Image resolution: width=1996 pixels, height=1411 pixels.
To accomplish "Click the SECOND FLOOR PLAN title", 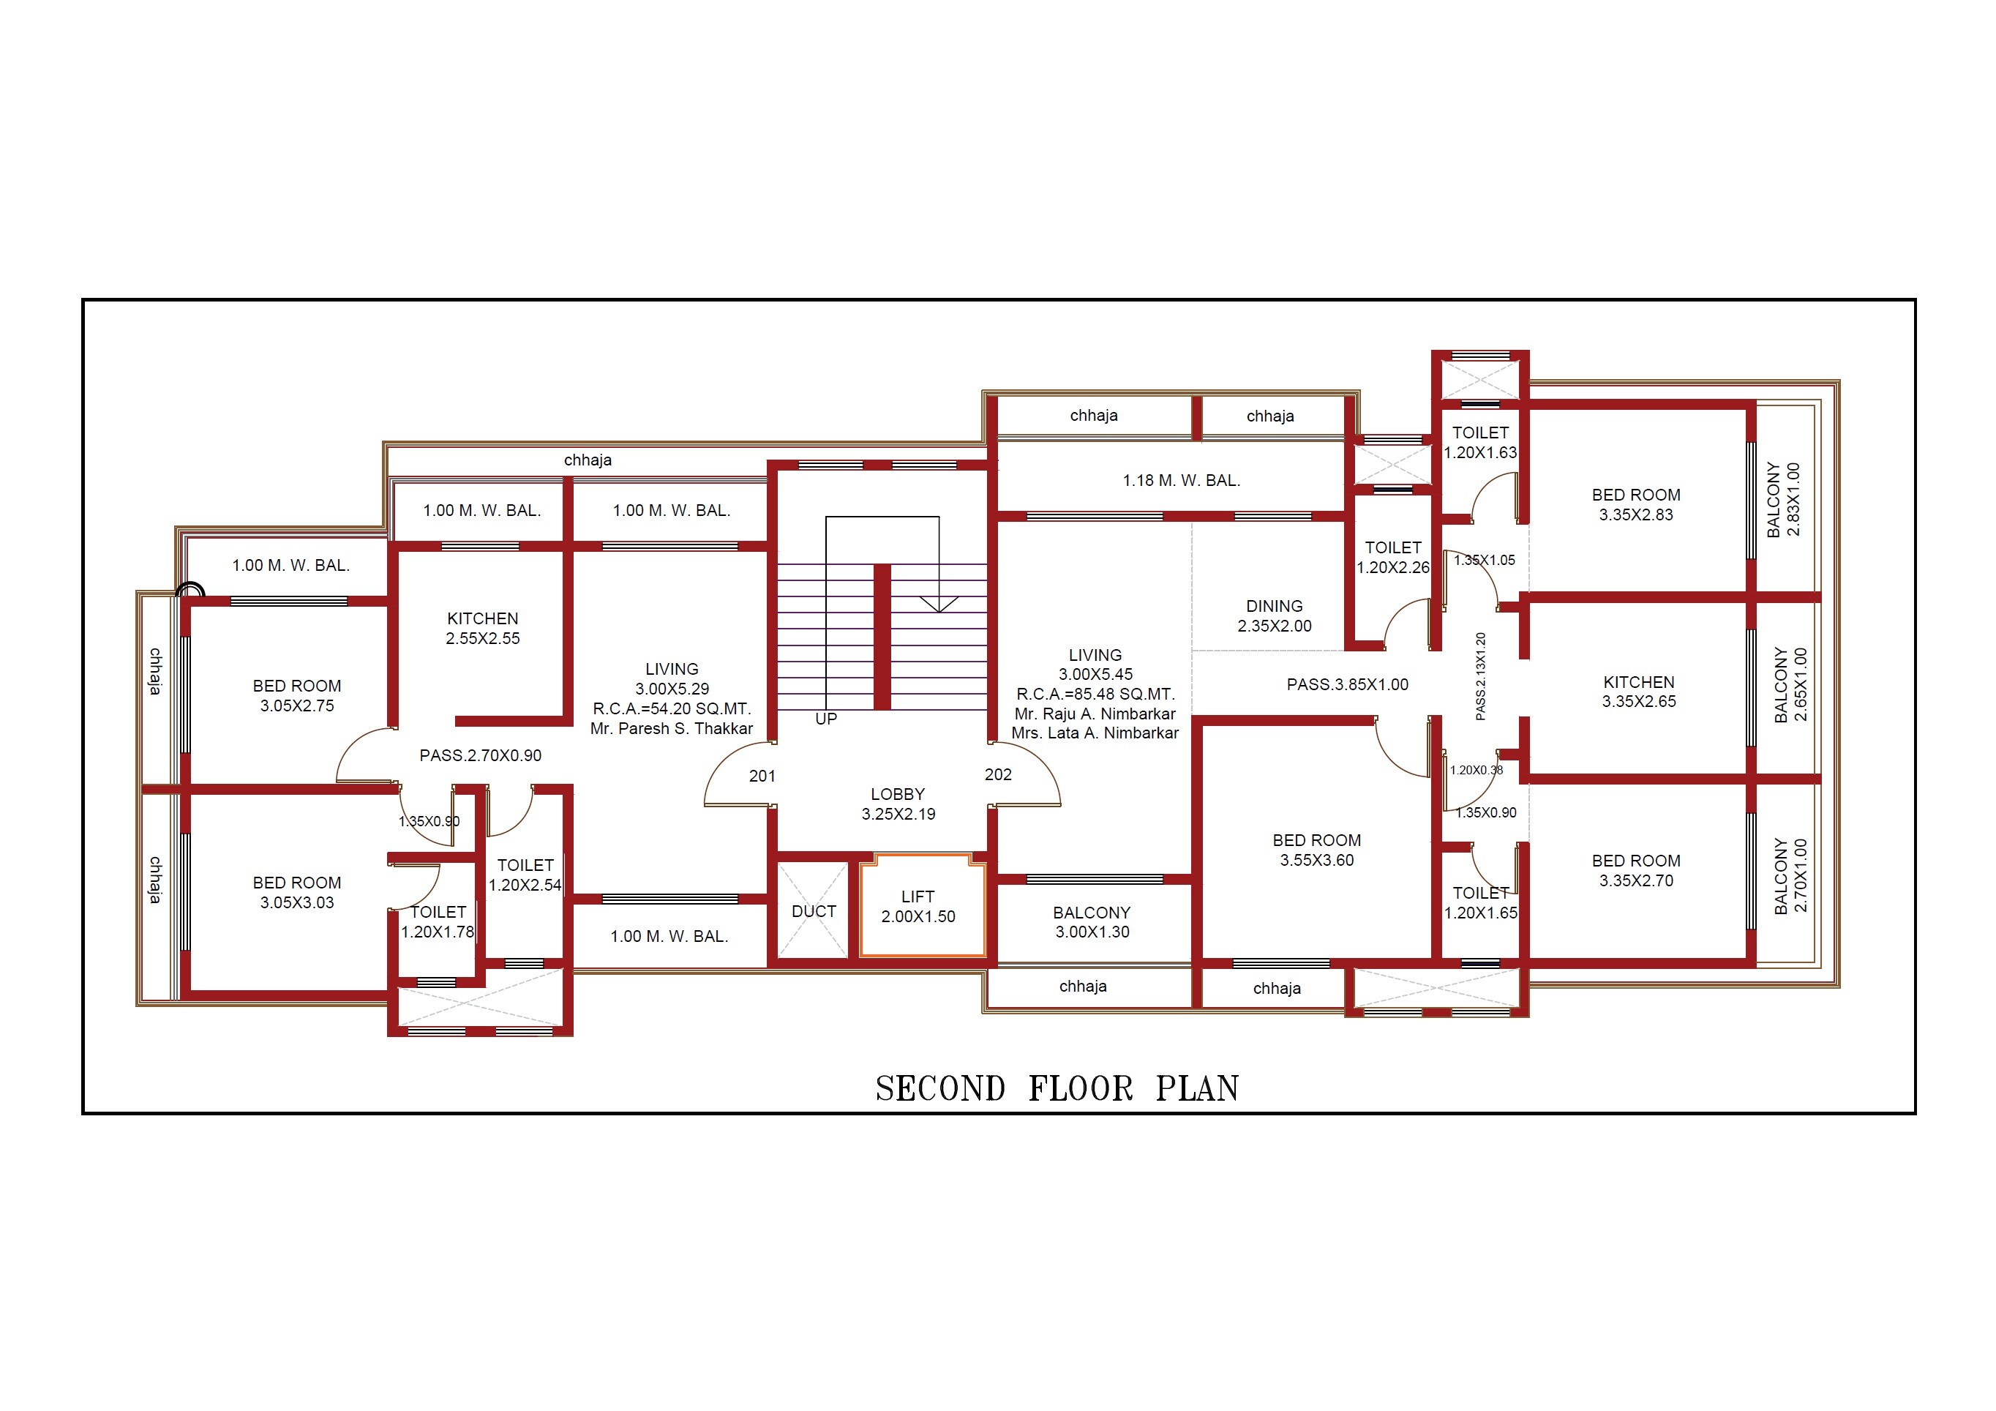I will [x=1057, y=1088].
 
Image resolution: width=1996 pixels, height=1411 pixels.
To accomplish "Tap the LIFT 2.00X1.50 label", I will [x=918, y=907].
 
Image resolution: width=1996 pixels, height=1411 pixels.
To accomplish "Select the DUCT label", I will [x=814, y=911].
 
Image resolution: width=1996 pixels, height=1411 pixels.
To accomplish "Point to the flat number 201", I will [x=762, y=776].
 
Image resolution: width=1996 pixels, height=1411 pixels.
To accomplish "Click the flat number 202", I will [x=998, y=774].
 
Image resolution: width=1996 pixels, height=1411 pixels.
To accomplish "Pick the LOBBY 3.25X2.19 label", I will [x=898, y=804].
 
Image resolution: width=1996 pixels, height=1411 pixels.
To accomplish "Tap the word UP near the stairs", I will [x=826, y=719].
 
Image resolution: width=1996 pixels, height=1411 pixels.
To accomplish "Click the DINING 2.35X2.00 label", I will [x=1275, y=615].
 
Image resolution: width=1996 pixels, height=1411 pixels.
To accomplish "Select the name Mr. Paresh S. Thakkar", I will [x=671, y=728].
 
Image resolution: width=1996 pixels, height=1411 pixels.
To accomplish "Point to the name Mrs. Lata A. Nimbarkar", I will [x=1095, y=733].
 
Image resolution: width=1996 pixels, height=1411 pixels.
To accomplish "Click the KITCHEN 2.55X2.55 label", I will [x=482, y=628].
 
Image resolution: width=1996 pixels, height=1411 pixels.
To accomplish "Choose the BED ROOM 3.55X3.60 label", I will [x=1316, y=850].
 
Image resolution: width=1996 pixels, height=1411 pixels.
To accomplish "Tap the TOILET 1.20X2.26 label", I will [x=1392, y=557].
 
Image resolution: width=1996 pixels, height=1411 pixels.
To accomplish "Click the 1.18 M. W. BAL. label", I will [x=1181, y=481].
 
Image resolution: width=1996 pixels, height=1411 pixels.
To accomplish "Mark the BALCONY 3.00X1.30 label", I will [x=1092, y=922].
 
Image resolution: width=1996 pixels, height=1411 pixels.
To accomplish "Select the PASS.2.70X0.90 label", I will [x=480, y=755].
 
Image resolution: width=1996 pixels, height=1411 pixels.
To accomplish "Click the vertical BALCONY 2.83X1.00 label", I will [x=1783, y=499].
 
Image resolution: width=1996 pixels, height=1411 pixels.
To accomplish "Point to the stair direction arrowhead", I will [x=939, y=605].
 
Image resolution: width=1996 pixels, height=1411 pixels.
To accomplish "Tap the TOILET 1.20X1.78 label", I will [x=438, y=921].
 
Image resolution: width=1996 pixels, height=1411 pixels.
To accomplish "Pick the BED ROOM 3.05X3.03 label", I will [x=296, y=893].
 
